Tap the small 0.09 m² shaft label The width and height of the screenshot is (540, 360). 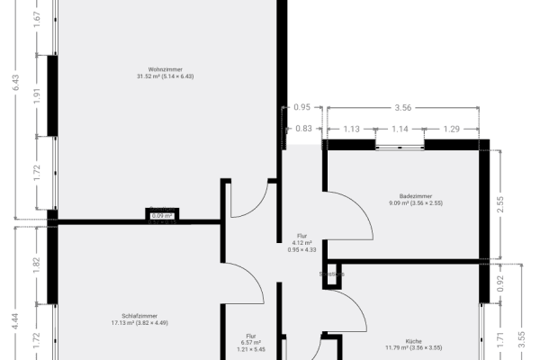162,216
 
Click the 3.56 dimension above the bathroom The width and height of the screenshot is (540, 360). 403,107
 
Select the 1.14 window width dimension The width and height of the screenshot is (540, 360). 400,130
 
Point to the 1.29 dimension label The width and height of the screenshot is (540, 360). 453,130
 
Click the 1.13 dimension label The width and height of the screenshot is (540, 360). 352,130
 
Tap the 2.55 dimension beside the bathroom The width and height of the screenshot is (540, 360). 512,202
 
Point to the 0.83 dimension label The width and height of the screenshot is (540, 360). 304,130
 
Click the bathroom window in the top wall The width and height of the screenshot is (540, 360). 402,144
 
